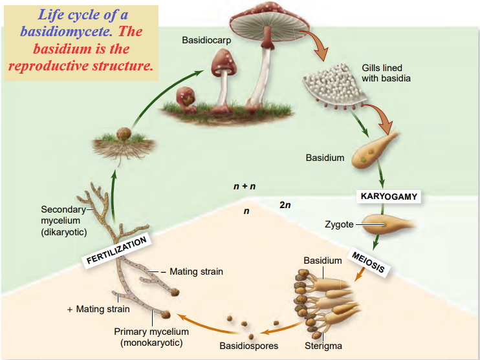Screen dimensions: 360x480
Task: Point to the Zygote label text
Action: (339, 224)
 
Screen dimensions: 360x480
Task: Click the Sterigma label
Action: (323, 346)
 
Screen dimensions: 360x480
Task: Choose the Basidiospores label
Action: (248, 346)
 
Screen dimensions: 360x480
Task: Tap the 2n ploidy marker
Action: (285, 205)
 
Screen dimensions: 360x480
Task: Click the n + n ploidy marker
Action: (245, 186)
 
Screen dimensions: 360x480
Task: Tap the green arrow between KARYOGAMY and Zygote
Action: (382, 210)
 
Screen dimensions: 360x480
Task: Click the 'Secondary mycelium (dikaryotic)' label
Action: (63, 220)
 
